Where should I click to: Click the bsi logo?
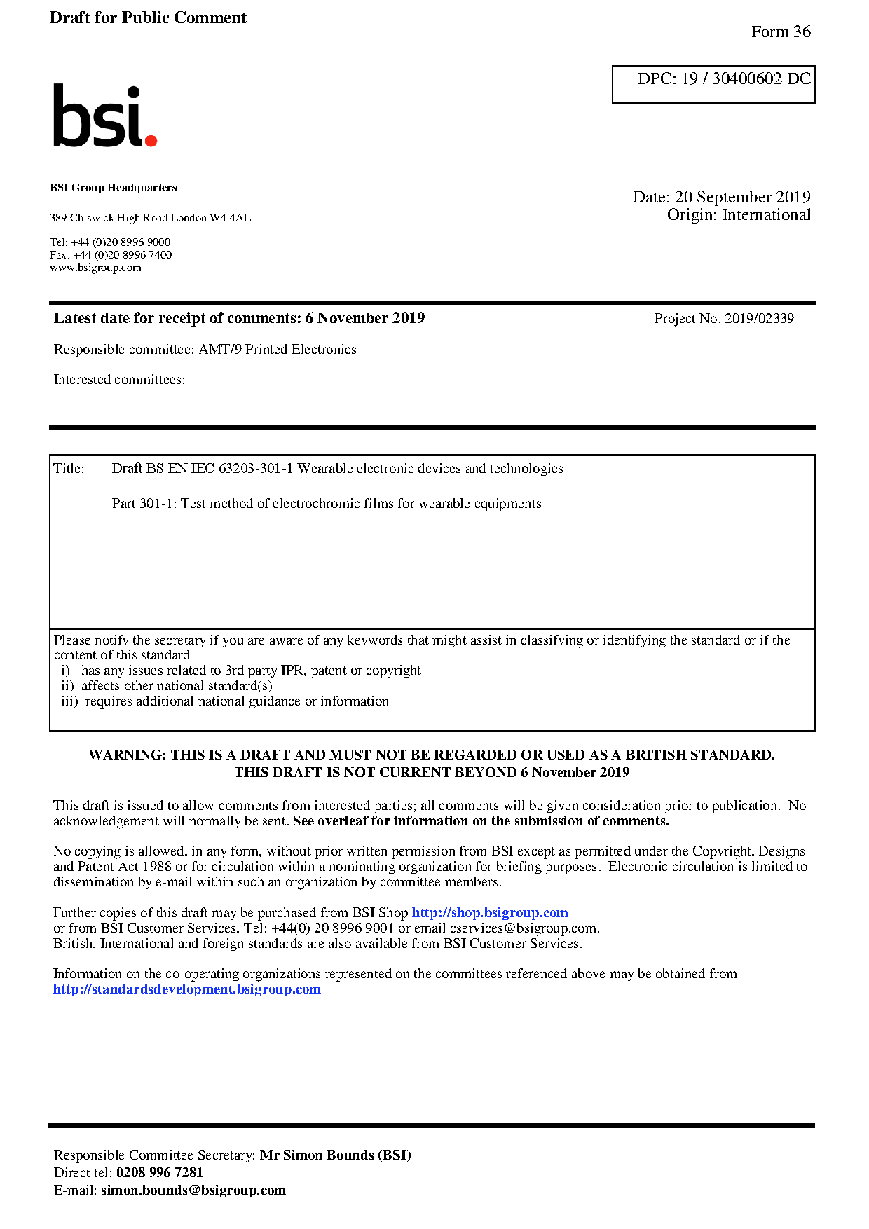(104, 116)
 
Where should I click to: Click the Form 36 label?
(780, 32)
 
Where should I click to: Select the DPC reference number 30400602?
(746, 78)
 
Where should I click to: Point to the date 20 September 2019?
(742, 197)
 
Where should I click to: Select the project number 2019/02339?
(759, 319)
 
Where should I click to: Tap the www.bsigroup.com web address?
(95, 268)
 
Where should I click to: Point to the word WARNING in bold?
(127, 755)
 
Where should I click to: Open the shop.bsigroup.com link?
(489, 913)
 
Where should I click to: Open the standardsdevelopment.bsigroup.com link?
(186, 989)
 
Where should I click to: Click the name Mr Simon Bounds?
(316, 1155)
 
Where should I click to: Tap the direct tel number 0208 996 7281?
(159, 1173)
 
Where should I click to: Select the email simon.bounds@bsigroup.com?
(193, 1190)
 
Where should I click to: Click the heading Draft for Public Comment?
(148, 18)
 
